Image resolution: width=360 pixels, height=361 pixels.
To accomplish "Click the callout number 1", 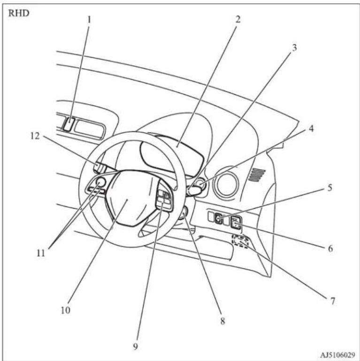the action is tap(89, 20).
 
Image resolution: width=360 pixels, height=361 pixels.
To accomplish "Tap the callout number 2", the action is tap(237, 19).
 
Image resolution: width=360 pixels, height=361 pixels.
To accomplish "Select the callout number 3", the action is tap(294, 48).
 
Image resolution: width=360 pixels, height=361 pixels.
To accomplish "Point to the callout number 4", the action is tap(311, 128).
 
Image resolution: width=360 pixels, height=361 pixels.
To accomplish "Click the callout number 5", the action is tap(330, 188).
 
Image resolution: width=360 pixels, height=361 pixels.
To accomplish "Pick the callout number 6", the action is tap(330, 248).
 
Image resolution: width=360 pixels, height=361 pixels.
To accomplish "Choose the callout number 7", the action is tap(332, 301).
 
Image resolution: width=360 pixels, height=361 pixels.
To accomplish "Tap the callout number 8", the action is tap(222, 321).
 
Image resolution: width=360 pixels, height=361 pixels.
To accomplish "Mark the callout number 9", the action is tap(135, 346).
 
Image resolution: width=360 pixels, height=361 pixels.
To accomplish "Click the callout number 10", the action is tap(65, 310).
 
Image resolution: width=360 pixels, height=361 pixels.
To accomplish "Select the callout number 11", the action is tap(41, 253).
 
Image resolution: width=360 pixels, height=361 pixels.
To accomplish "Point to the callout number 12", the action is tap(35, 136).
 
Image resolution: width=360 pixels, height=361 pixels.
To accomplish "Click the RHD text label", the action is tap(19, 13).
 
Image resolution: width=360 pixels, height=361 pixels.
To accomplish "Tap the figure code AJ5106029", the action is tap(337, 355).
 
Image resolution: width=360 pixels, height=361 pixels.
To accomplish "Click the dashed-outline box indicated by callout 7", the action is tap(241, 241).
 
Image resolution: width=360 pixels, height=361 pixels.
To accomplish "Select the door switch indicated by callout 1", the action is tap(69, 124).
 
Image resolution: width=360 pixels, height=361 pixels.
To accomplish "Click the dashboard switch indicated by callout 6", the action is tap(236, 222).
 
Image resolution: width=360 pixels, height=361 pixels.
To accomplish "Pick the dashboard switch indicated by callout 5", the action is tap(218, 218).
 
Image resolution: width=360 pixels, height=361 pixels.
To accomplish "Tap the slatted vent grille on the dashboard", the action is tap(257, 175).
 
